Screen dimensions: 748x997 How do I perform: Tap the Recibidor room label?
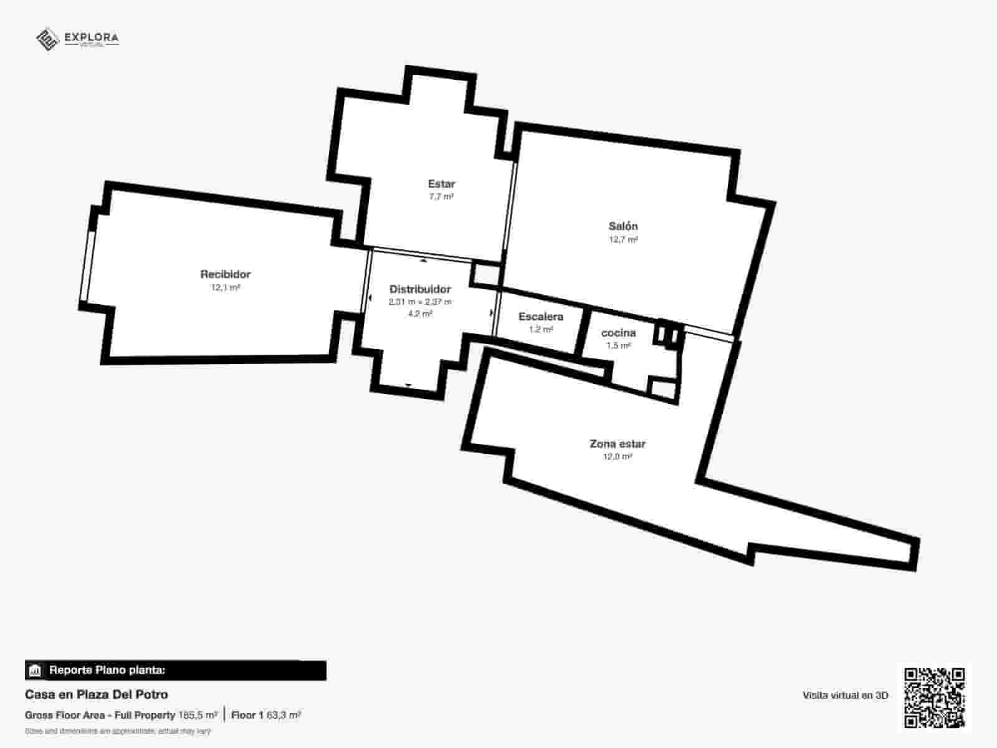coord(225,274)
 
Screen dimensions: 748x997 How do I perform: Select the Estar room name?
coord(441,184)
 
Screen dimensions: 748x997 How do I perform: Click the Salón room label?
coord(623,226)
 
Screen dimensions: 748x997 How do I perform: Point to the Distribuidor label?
coord(420,289)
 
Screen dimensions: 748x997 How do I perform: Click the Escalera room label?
coord(541,317)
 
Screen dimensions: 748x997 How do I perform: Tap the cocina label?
coord(619,333)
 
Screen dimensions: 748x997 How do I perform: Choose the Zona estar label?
coord(618,444)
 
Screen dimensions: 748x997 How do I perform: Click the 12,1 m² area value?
coord(226,288)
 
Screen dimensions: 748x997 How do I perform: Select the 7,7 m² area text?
coord(441,196)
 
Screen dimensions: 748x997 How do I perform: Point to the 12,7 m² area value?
coord(623,239)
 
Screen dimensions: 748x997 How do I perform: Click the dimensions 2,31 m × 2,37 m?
coord(420,302)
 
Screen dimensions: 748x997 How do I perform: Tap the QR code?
coord(934,698)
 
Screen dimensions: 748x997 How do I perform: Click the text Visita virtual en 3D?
coord(845,696)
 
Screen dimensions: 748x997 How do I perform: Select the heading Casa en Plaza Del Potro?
coord(97,694)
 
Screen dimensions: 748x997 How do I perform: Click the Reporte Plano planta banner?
coord(175,671)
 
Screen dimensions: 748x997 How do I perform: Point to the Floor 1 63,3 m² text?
coord(266,715)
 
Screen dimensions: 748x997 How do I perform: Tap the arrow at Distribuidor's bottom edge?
coord(408,385)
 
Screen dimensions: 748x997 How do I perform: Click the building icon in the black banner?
coord(35,671)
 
